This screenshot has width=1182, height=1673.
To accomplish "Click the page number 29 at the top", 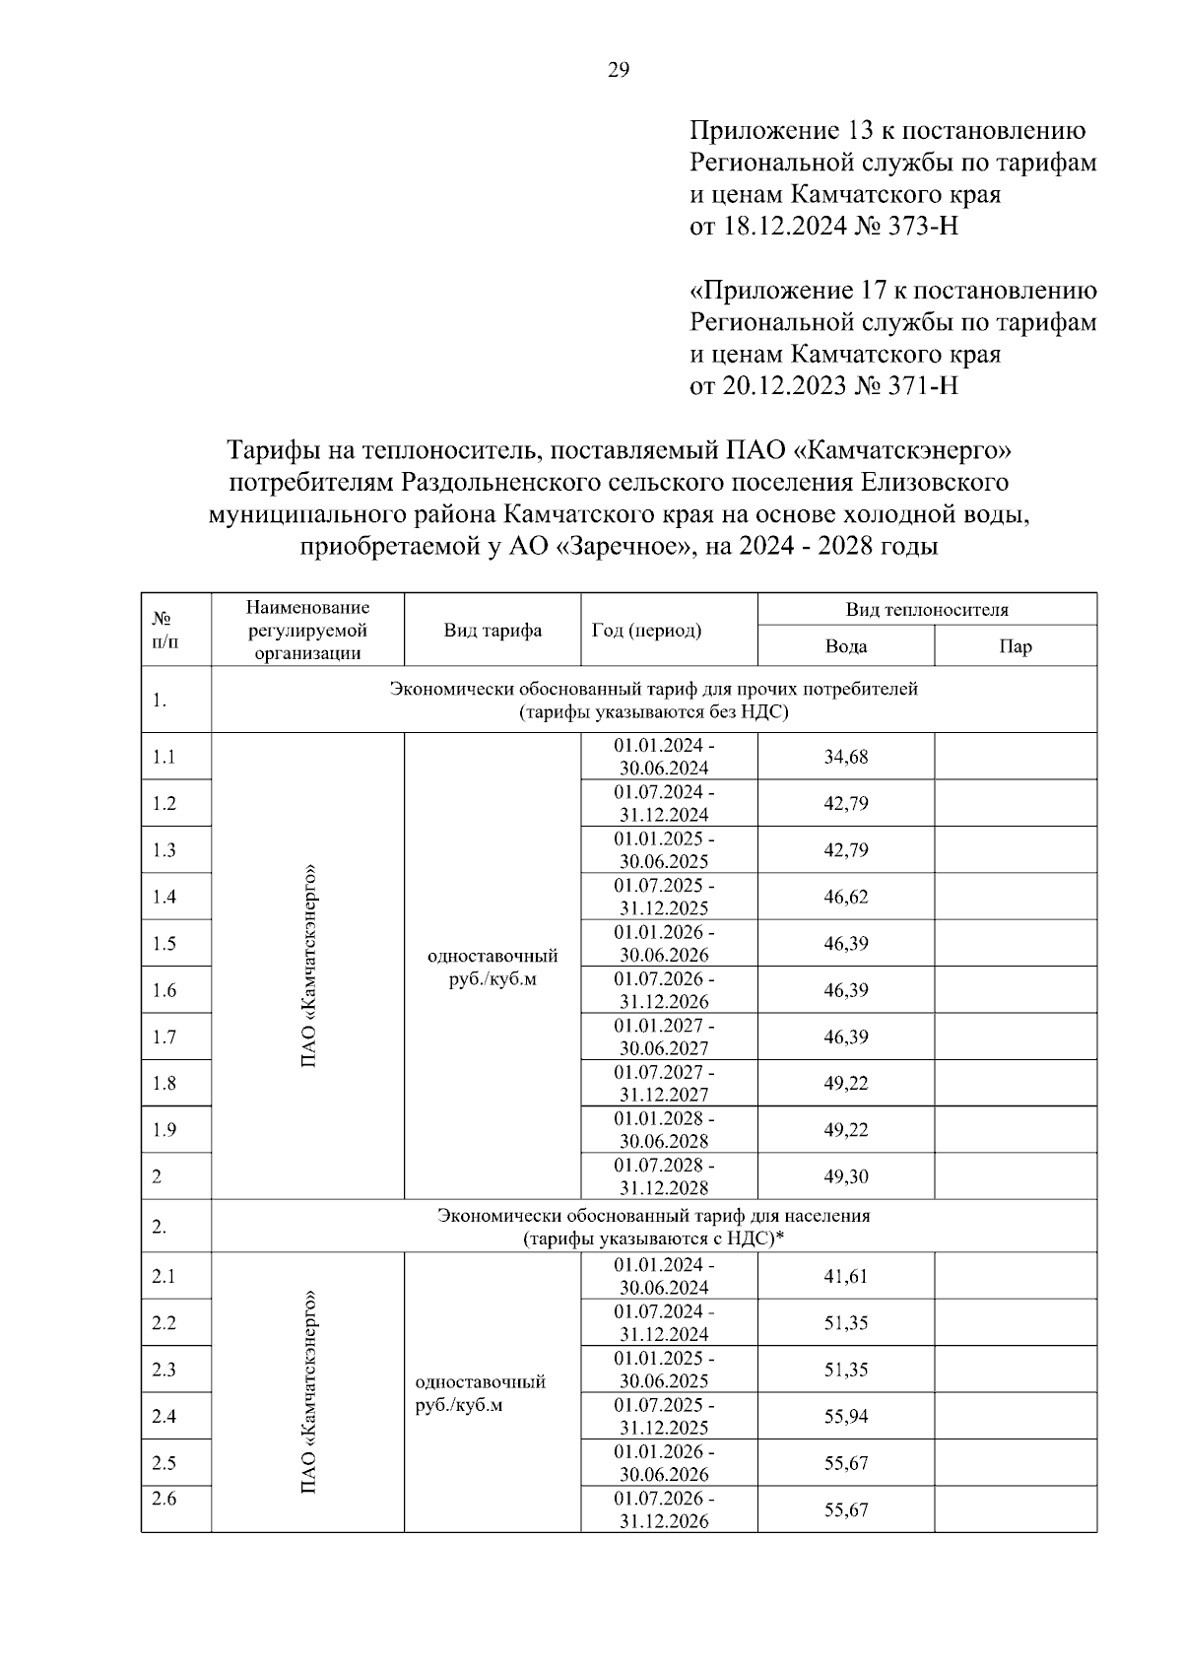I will pos(619,69).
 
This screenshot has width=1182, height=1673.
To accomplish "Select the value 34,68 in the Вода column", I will pos(846,757).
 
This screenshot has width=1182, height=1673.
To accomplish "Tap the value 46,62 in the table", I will pos(846,897).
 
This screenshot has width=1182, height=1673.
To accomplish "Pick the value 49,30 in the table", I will pos(846,1176).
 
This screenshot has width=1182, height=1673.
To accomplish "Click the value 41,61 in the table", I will pos(846,1276).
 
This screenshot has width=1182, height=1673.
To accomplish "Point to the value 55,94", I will pos(846,1416).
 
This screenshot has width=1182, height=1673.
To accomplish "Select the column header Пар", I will pos(1016,646).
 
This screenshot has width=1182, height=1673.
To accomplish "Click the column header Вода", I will pos(846,646).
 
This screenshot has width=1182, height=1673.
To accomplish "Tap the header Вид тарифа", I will pos(492,631).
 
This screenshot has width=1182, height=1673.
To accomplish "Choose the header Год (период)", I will pos(647,631).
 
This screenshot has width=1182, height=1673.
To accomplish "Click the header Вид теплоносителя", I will pos(927,610).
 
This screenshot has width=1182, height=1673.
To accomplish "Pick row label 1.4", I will pos(164,897).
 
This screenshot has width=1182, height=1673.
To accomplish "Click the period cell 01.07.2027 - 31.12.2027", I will pos(665,1083).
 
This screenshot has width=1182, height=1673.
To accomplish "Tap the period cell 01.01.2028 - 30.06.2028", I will pos(665,1129).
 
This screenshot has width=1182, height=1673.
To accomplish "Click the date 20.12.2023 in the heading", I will pos(784,385).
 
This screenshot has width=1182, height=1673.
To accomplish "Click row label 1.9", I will pos(164,1130).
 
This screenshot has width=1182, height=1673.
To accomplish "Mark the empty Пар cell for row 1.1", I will pos(1016,757).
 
